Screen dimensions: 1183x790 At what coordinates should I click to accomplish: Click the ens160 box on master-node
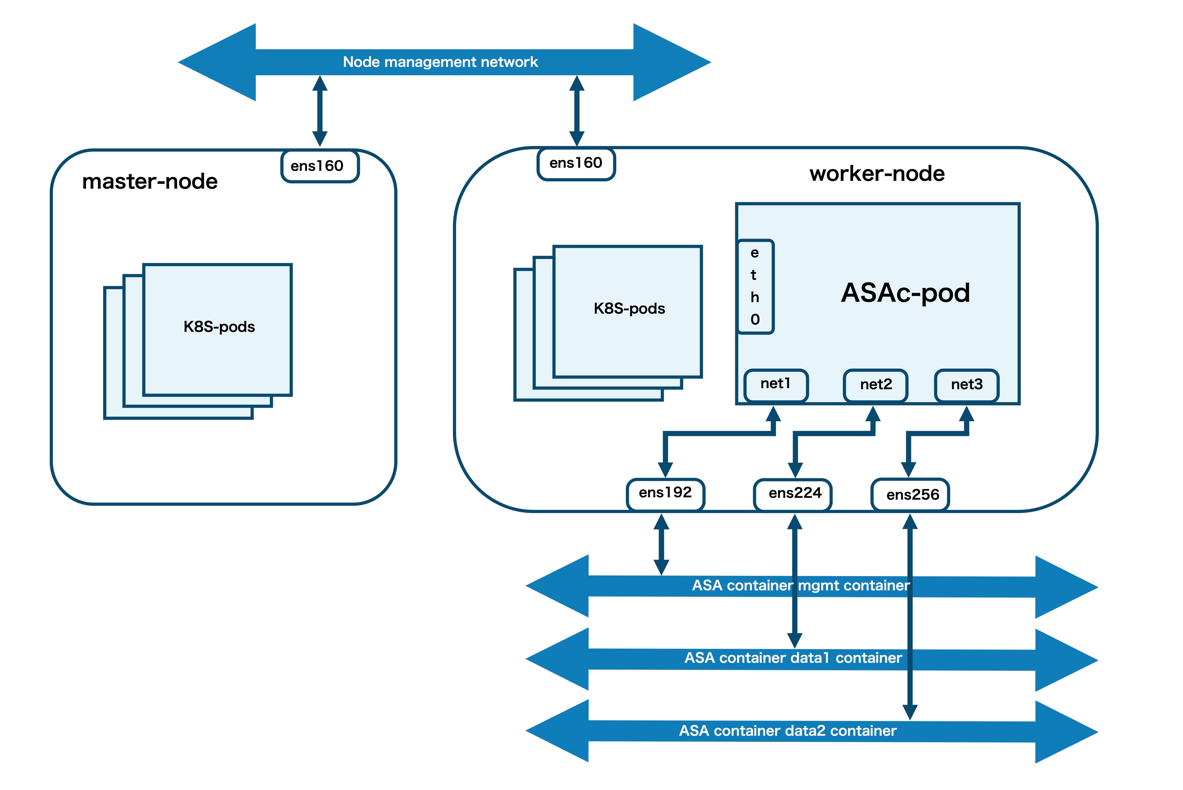pos(320,166)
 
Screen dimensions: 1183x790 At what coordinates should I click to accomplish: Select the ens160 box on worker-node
pos(576,164)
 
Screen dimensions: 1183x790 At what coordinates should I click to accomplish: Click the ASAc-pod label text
pos(906,292)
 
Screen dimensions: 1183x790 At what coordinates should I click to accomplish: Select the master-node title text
pos(150,181)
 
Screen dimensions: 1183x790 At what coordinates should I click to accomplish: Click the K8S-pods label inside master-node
pos(219,327)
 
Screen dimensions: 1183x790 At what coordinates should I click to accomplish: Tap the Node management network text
pos(441,62)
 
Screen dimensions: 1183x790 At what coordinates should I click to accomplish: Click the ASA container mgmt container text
pos(801,585)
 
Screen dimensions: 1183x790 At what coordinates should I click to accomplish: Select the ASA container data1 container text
pos(793,658)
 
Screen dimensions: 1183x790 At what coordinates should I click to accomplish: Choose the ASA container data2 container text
pos(788,731)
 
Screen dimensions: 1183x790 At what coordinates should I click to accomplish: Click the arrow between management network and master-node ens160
pos(320,111)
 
